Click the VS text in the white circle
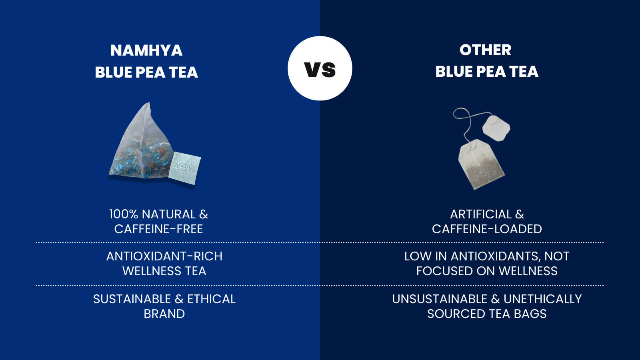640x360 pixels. point(320,70)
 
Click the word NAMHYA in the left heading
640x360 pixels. point(146,50)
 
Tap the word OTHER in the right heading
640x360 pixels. point(485,50)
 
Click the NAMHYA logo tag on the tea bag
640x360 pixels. point(184,168)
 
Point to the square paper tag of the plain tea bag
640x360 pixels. point(496,128)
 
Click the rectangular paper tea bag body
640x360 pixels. point(481,164)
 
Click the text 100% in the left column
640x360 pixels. point(124,214)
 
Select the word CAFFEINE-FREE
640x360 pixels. point(158,229)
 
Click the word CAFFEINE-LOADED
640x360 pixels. point(487,229)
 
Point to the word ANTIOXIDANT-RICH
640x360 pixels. point(164,256)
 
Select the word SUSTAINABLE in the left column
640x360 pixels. point(132,299)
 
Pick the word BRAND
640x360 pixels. point(164,314)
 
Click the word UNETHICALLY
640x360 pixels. point(542,299)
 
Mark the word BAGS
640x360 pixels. point(530,314)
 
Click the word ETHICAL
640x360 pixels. point(211,299)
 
